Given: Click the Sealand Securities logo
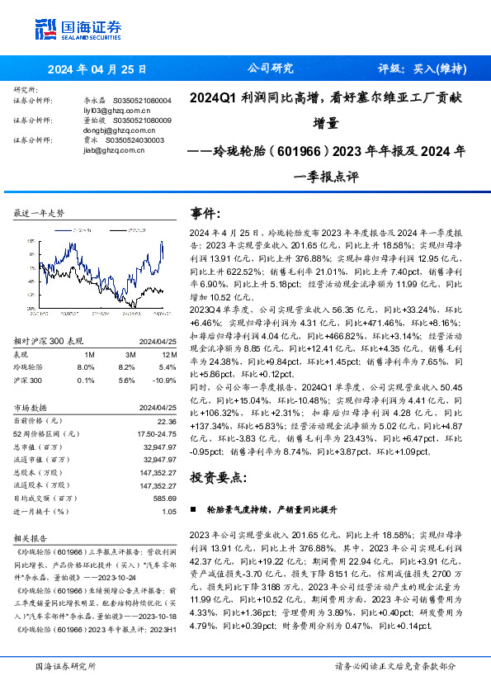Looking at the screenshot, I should (78, 30).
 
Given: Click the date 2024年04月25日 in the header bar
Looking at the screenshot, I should (97, 69).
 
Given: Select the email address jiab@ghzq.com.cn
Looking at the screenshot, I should (93, 150).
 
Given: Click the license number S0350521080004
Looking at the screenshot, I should (140, 100).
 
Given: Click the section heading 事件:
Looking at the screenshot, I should (205, 213).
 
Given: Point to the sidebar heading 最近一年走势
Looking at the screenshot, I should (39, 212).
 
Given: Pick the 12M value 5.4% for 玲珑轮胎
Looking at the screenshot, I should (168, 366).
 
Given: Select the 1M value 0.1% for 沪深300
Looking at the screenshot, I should (85, 379).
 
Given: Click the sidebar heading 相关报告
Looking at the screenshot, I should (31, 537).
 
